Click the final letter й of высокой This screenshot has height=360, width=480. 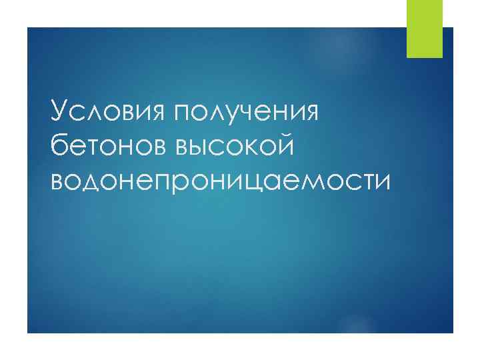click(x=283, y=143)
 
